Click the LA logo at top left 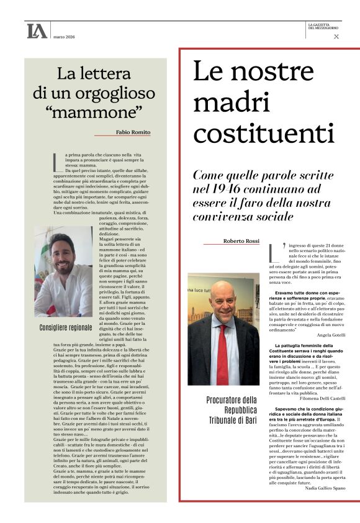tap(37, 31)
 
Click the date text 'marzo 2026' tap(66, 37)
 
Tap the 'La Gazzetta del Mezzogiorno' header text tap(324, 26)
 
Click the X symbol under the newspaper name tap(336, 37)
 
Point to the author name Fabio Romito tap(133, 132)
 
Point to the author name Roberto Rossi tap(241, 241)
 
